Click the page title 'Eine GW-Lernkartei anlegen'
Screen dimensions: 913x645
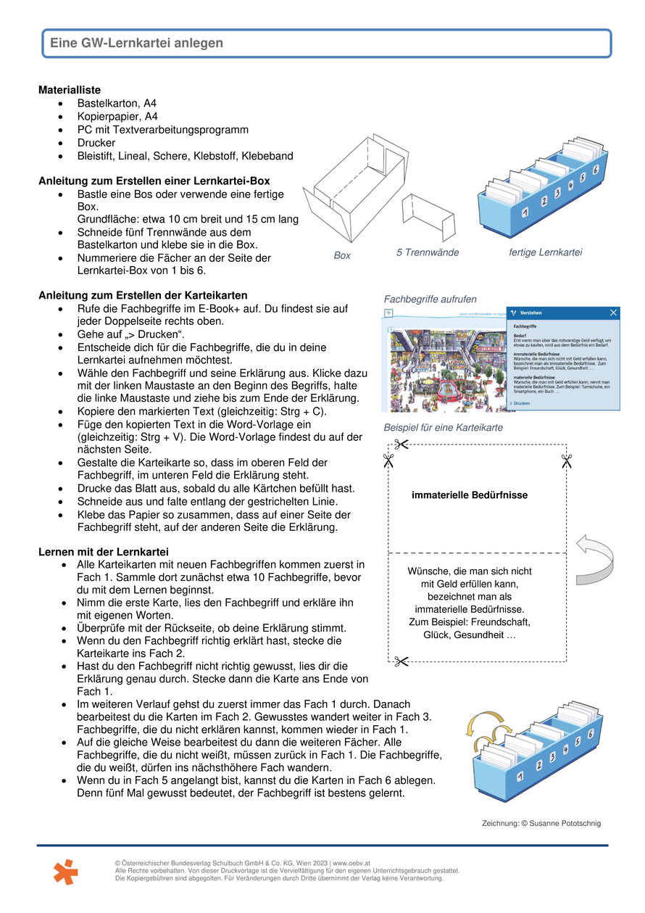click(136, 44)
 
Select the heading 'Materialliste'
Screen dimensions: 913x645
click(70, 90)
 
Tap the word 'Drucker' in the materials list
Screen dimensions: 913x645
click(96, 143)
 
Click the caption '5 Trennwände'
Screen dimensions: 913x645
click(428, 252)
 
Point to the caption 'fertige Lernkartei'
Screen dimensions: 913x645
click(546, 252)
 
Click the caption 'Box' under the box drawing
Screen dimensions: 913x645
click(342, 255)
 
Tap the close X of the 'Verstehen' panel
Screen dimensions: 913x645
click(613, 313)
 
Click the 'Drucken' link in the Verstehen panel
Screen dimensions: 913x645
click(522, 402)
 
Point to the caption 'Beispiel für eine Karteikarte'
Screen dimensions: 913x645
click(443, 428)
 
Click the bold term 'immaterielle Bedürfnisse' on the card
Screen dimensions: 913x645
click(470, 495)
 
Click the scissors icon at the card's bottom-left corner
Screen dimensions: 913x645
click(401, 661)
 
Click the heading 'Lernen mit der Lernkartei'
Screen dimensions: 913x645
click(103, 551)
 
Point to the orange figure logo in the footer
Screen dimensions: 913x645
click(65, 871)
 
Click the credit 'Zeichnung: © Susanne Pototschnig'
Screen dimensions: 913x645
click(541, 823)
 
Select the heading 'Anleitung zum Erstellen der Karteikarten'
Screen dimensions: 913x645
click(142, 295)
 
